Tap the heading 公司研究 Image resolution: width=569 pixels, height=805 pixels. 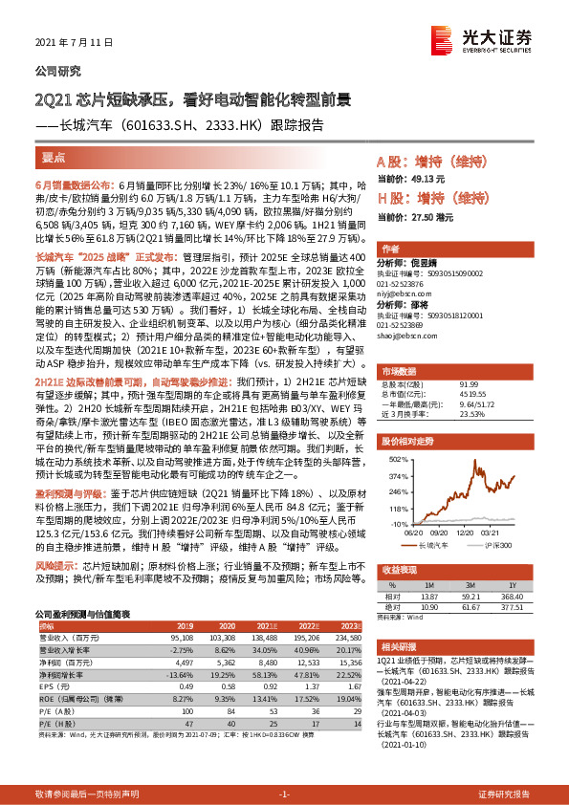tap(58, 71)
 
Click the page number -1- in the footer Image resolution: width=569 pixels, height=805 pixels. tap(283, 794)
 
